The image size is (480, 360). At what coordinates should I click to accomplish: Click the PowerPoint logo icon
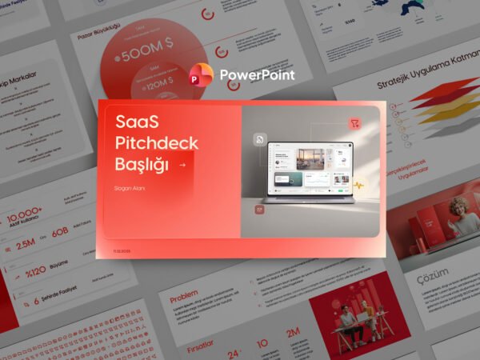pyautogui.click(x=200, y=75)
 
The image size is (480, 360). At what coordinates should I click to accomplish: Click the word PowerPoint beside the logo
pyautogui.click(x=256, y=75)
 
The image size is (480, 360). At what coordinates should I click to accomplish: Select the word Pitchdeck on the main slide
pyautogui.click(x=157, y=143)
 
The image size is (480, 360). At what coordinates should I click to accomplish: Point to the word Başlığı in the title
pyautogui.click(x=142, y=164)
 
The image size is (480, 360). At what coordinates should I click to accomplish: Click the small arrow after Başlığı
pyautogui.click(x=184, y=165)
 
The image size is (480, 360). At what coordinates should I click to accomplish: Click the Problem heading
pyautogui.click(x=184, y=292)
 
